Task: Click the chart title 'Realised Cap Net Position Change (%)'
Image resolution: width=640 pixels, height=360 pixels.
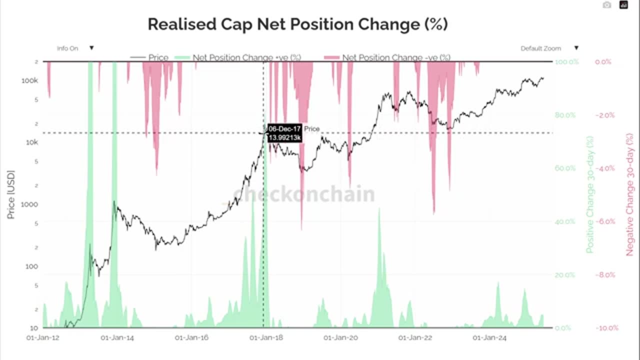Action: coord(297,24)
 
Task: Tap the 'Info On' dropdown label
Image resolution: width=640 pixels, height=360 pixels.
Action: coord(67,48)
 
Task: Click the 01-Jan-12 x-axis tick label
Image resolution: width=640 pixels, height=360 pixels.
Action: coord(43,338)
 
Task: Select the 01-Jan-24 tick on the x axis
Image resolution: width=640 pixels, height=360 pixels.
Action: coord(489,338)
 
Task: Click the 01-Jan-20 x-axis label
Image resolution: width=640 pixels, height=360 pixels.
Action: coord(340,338)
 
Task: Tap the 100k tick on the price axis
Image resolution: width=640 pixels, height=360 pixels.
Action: coord(30,80)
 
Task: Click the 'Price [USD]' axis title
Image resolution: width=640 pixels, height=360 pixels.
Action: coord(11,194)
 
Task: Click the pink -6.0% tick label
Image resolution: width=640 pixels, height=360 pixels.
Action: coord(604,221)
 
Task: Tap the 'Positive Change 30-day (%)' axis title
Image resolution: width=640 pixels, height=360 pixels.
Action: coord(590,194)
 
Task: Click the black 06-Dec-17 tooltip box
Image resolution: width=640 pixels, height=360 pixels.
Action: coord(284,133)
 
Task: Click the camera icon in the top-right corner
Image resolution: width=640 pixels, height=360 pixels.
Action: coord(606,5)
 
